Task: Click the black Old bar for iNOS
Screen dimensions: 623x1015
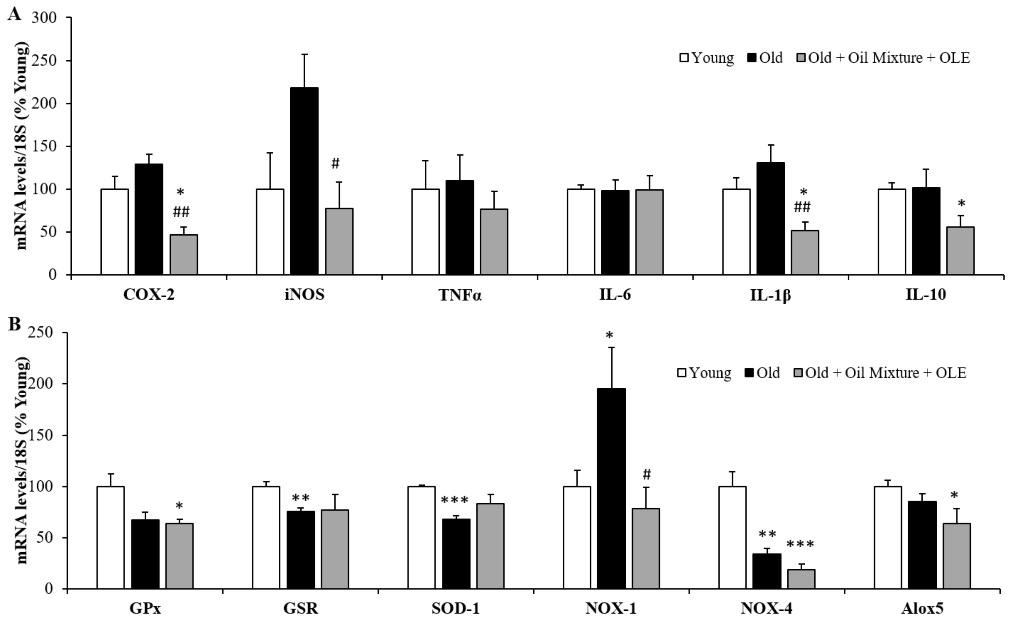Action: pos(304,181)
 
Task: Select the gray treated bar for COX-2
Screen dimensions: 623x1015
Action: pos(184,255)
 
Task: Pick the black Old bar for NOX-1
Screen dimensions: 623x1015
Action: pos(612,489)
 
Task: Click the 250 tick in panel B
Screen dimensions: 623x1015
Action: pos(45,333)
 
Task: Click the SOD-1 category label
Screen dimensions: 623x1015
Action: pos(456,609)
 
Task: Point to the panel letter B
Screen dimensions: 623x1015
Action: pos(14,324)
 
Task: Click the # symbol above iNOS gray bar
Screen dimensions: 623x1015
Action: pos(335,164)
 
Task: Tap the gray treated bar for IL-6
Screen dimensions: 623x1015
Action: pos(649,232)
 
